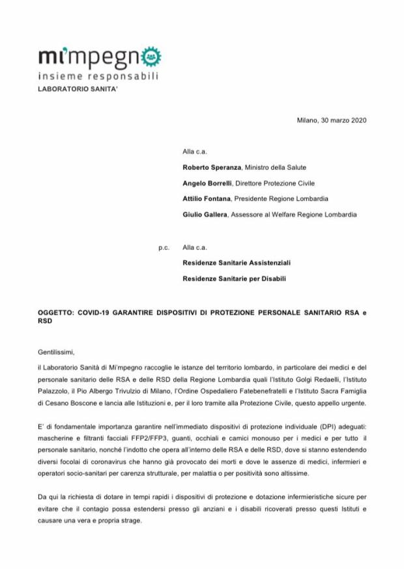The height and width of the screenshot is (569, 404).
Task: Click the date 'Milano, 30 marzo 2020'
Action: pos(332,120)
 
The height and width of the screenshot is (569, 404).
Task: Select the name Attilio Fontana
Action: pos(205,199)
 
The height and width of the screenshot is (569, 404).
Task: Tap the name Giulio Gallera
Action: pos(203,214)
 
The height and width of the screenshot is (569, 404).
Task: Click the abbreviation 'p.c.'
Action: pos(164,248)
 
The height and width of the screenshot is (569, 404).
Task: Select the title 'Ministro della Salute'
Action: pos(270,167)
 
